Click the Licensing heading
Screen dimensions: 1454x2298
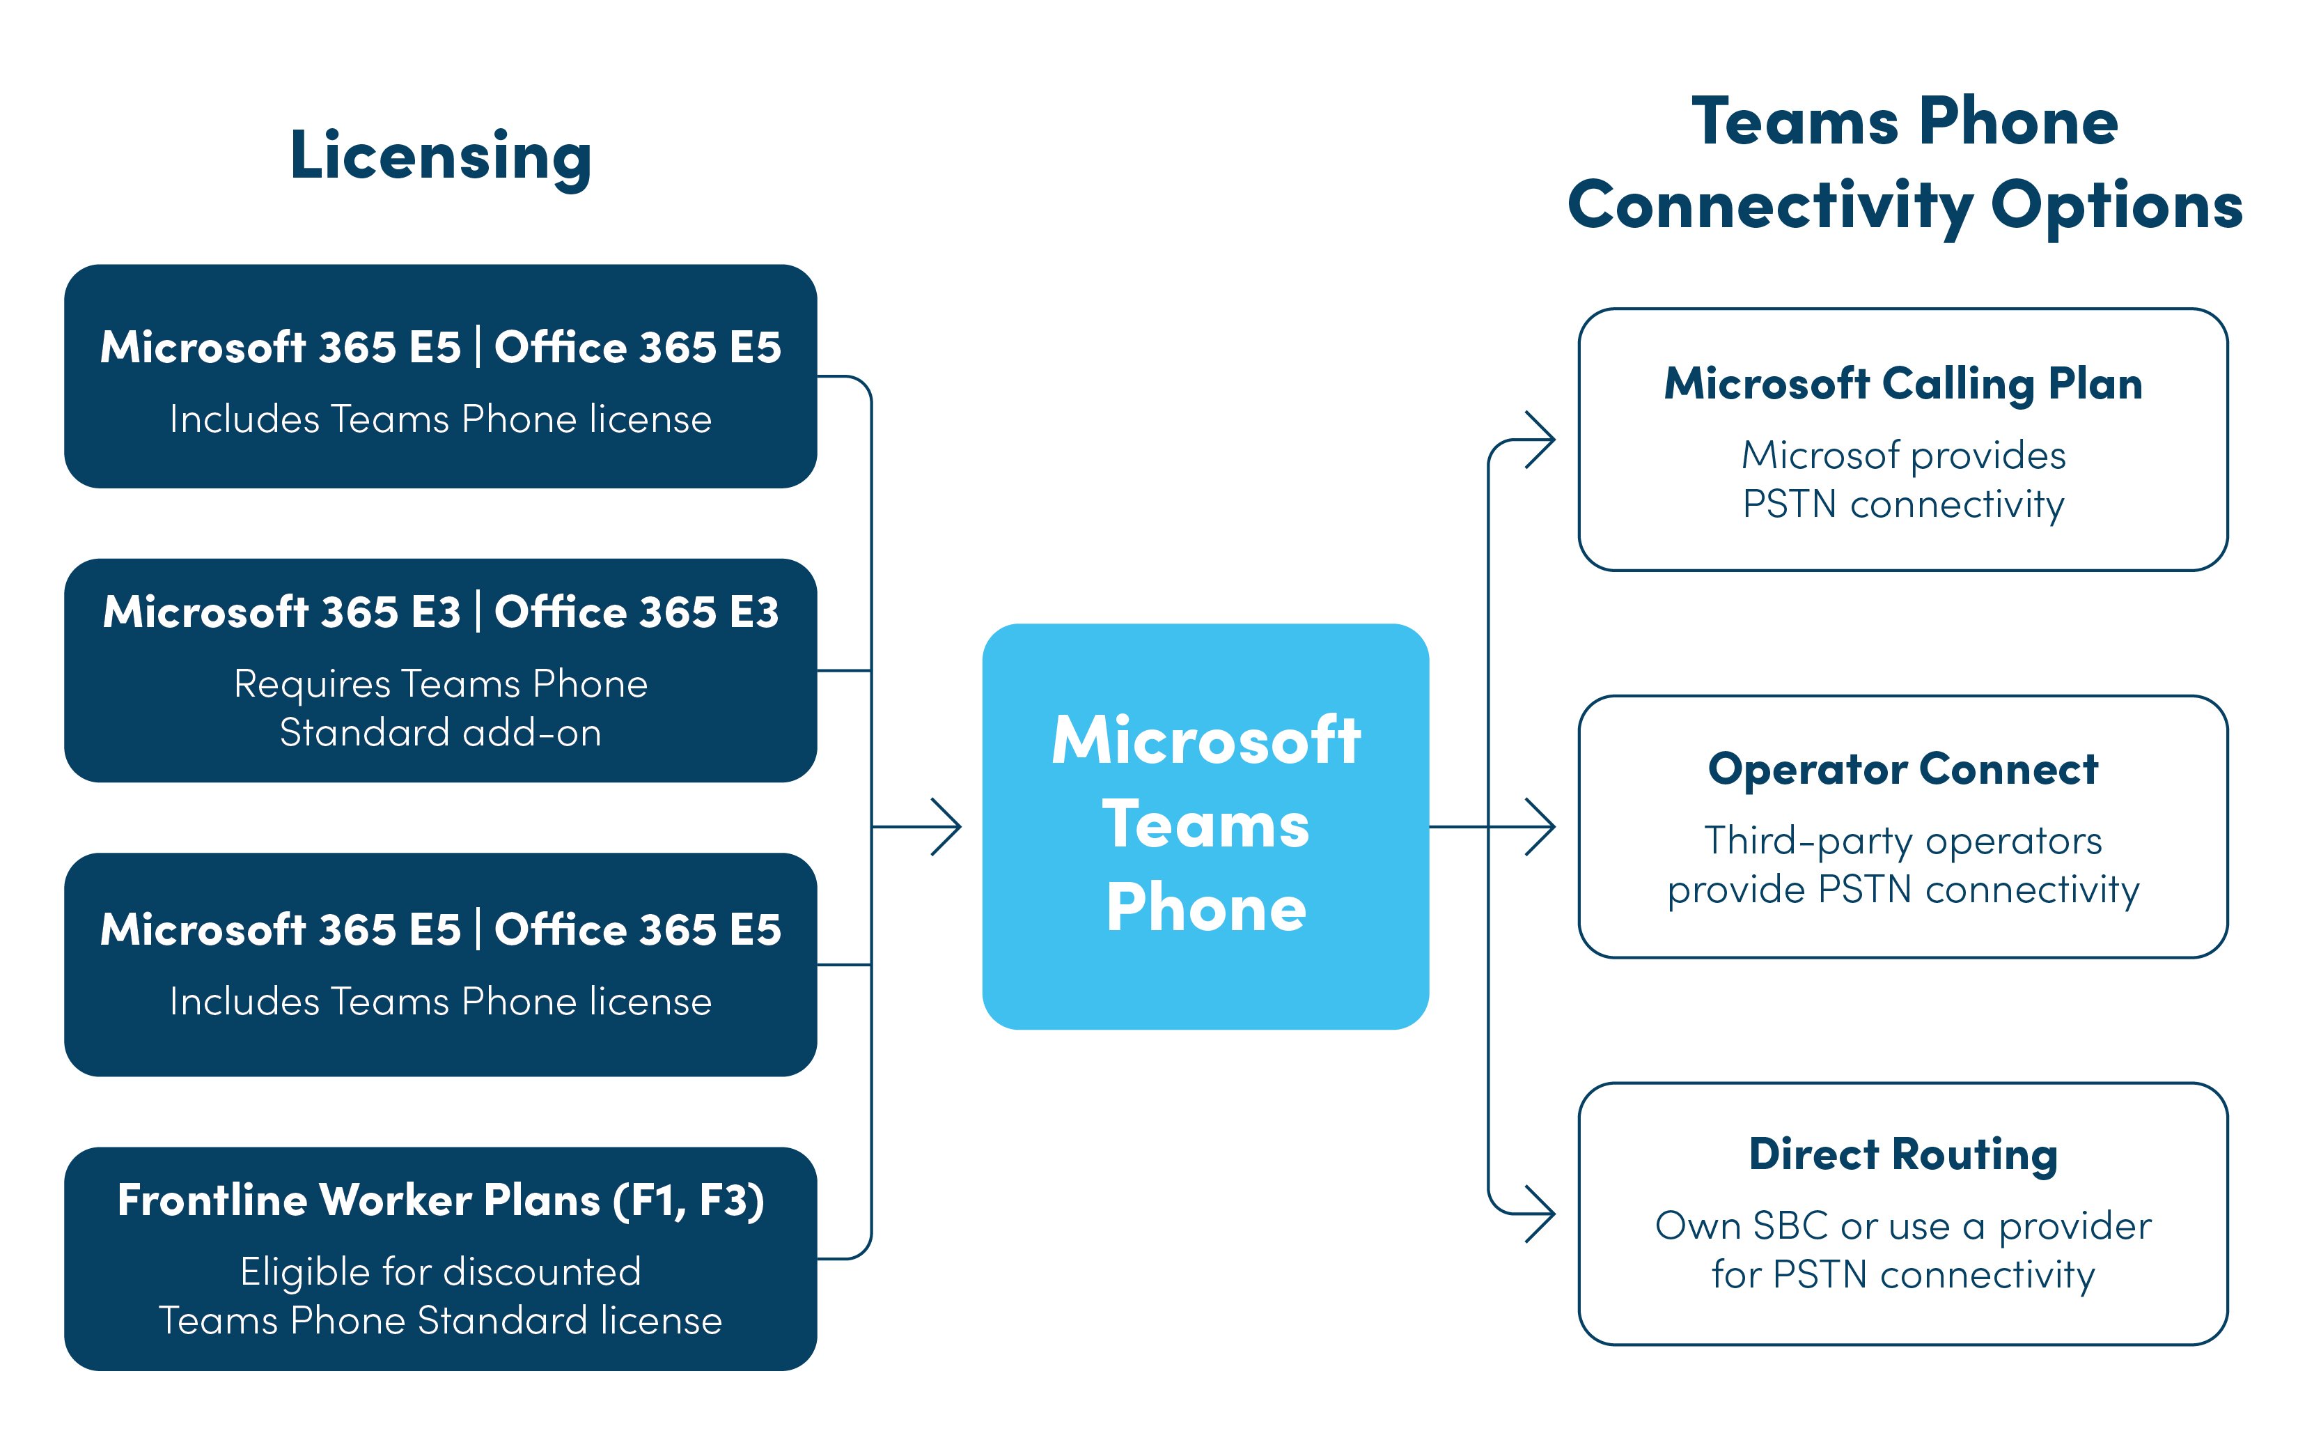coord(440,155)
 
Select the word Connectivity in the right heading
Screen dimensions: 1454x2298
coord(1770,206)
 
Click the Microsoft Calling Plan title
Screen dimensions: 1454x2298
coord(1903,384)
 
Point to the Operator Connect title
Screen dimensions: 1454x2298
coord(1903,768)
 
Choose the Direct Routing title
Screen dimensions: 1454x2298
coord(1903,1154)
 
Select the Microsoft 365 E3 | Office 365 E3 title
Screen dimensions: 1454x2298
coord(440,612)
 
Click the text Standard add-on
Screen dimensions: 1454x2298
coord(440,733)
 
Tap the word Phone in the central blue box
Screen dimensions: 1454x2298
coord(1205,908)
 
